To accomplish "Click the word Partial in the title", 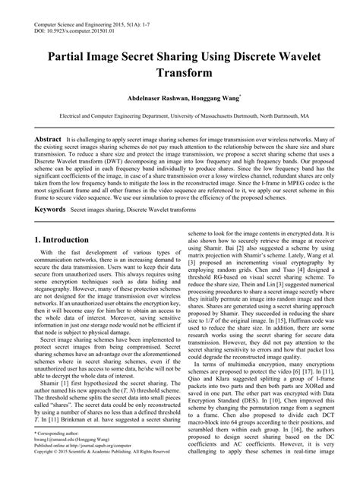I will click(73, 56).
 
